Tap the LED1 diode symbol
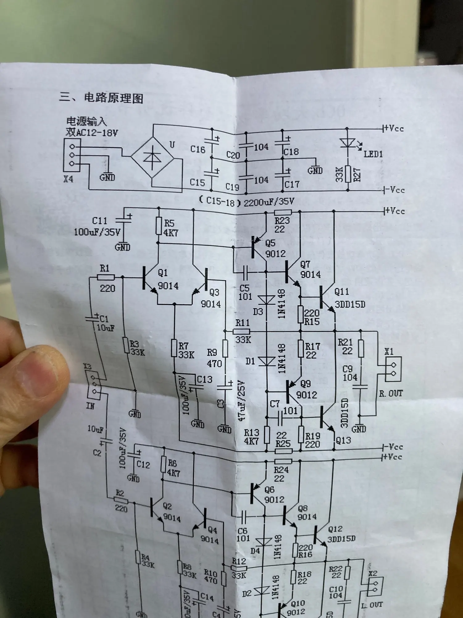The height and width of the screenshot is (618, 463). click(347, 143)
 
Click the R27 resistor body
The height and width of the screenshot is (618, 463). click(348, 174)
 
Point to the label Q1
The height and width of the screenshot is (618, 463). click(163, 273)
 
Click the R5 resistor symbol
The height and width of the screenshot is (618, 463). click(159, 226)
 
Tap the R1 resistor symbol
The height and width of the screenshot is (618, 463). click(106, 277)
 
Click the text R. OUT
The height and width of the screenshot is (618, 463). click(391, 394)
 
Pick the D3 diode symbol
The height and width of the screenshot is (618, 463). click(266, 299)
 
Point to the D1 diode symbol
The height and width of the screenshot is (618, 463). click(266, 361)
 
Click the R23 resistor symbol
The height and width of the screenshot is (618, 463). click(283, 212)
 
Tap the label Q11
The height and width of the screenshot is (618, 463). click(342, 292)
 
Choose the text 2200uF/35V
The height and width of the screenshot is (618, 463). click(269, 202)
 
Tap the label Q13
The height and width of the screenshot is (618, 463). click(343, 440)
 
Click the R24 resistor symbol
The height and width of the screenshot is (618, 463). click(283, 461)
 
